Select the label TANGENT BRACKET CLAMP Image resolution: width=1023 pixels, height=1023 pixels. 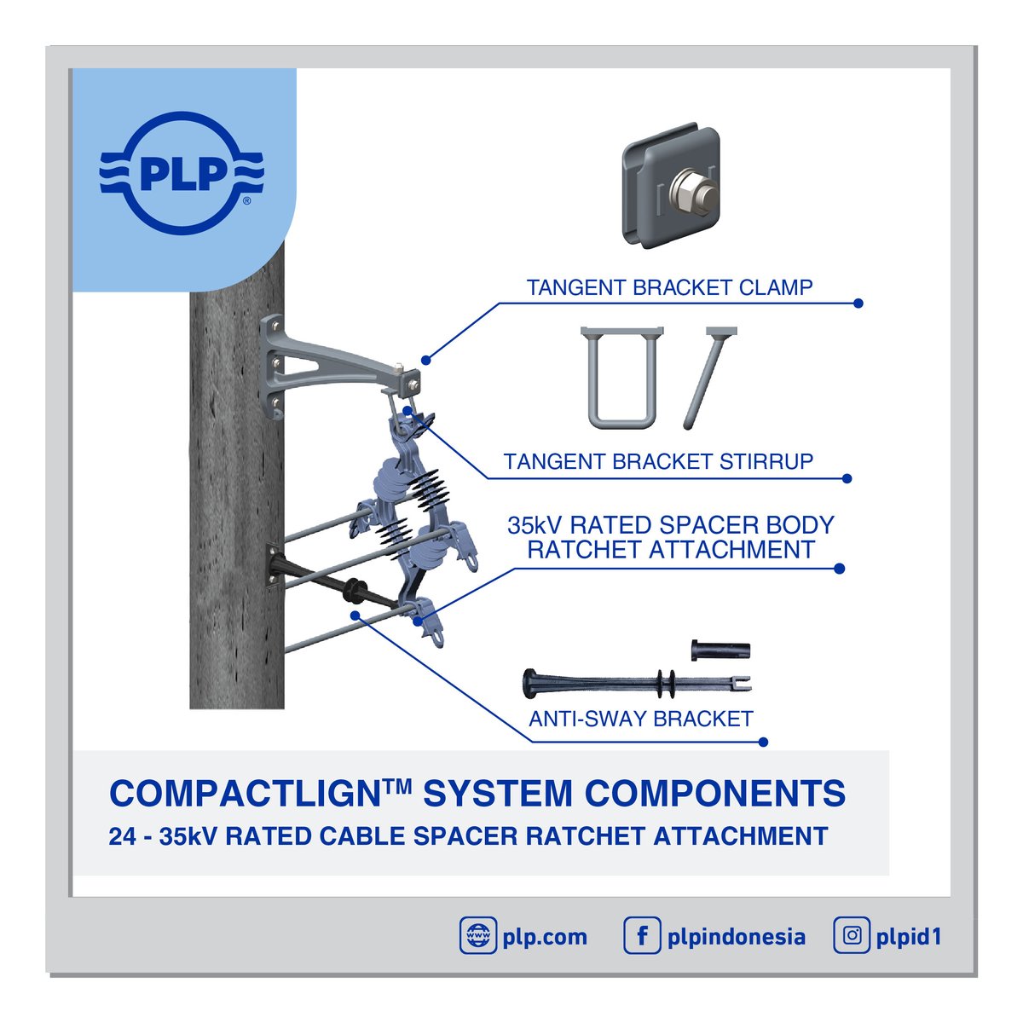pos(669,288)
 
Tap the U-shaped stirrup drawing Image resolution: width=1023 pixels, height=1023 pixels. pos(621,377)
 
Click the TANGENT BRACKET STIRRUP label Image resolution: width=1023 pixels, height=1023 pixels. pos(658,462)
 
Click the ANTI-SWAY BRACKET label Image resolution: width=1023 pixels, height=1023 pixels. pos(640,719)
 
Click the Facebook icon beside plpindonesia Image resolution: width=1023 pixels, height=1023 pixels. pos(642,936)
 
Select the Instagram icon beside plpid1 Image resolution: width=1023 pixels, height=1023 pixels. pos(852,936)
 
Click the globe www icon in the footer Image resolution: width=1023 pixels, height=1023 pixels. pos(477,936)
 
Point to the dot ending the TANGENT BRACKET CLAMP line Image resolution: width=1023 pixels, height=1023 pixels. pos(858,303)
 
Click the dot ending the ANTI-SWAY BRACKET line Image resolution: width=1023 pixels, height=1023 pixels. pos(764,742)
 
